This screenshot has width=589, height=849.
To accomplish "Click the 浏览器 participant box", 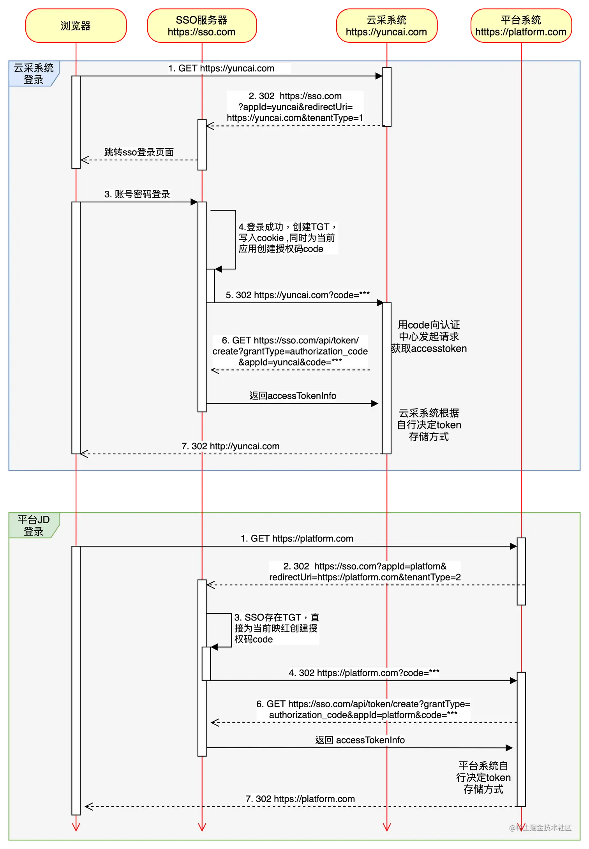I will click(76, 26).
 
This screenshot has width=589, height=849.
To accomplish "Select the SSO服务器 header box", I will click(202, 26).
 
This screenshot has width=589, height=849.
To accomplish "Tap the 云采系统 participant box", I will click(386, 26).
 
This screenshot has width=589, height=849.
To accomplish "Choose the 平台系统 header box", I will click(521, 26).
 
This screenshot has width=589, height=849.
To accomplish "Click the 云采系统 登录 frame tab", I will click(34, 74).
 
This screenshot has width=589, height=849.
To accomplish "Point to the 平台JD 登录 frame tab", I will click(34, 525).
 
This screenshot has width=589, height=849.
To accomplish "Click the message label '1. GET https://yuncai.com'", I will click(221, 69).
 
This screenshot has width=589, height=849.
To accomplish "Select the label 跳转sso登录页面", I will click(139, 152).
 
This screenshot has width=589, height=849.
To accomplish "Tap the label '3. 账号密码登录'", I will click(137, 194).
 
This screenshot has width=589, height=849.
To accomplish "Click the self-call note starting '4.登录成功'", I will click(287, 238).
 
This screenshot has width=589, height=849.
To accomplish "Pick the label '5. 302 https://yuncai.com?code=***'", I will click(298, 295).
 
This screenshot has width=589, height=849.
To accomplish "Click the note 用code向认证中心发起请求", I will click(429, 337).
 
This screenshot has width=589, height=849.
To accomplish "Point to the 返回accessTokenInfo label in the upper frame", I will click(293, 396).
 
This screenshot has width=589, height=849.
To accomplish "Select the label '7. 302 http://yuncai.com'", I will click(231, 446).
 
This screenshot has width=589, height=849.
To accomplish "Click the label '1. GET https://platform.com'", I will click(297, 539).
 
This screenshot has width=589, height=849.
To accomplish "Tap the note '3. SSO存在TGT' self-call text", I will click(276, 628).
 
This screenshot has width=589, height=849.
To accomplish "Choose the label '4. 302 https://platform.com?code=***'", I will click(364, 673).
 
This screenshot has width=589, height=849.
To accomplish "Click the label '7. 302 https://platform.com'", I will click(300, 799).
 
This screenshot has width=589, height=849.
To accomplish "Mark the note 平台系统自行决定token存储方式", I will click(483, 777).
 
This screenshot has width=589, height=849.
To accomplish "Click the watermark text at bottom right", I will click(540, 828).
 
